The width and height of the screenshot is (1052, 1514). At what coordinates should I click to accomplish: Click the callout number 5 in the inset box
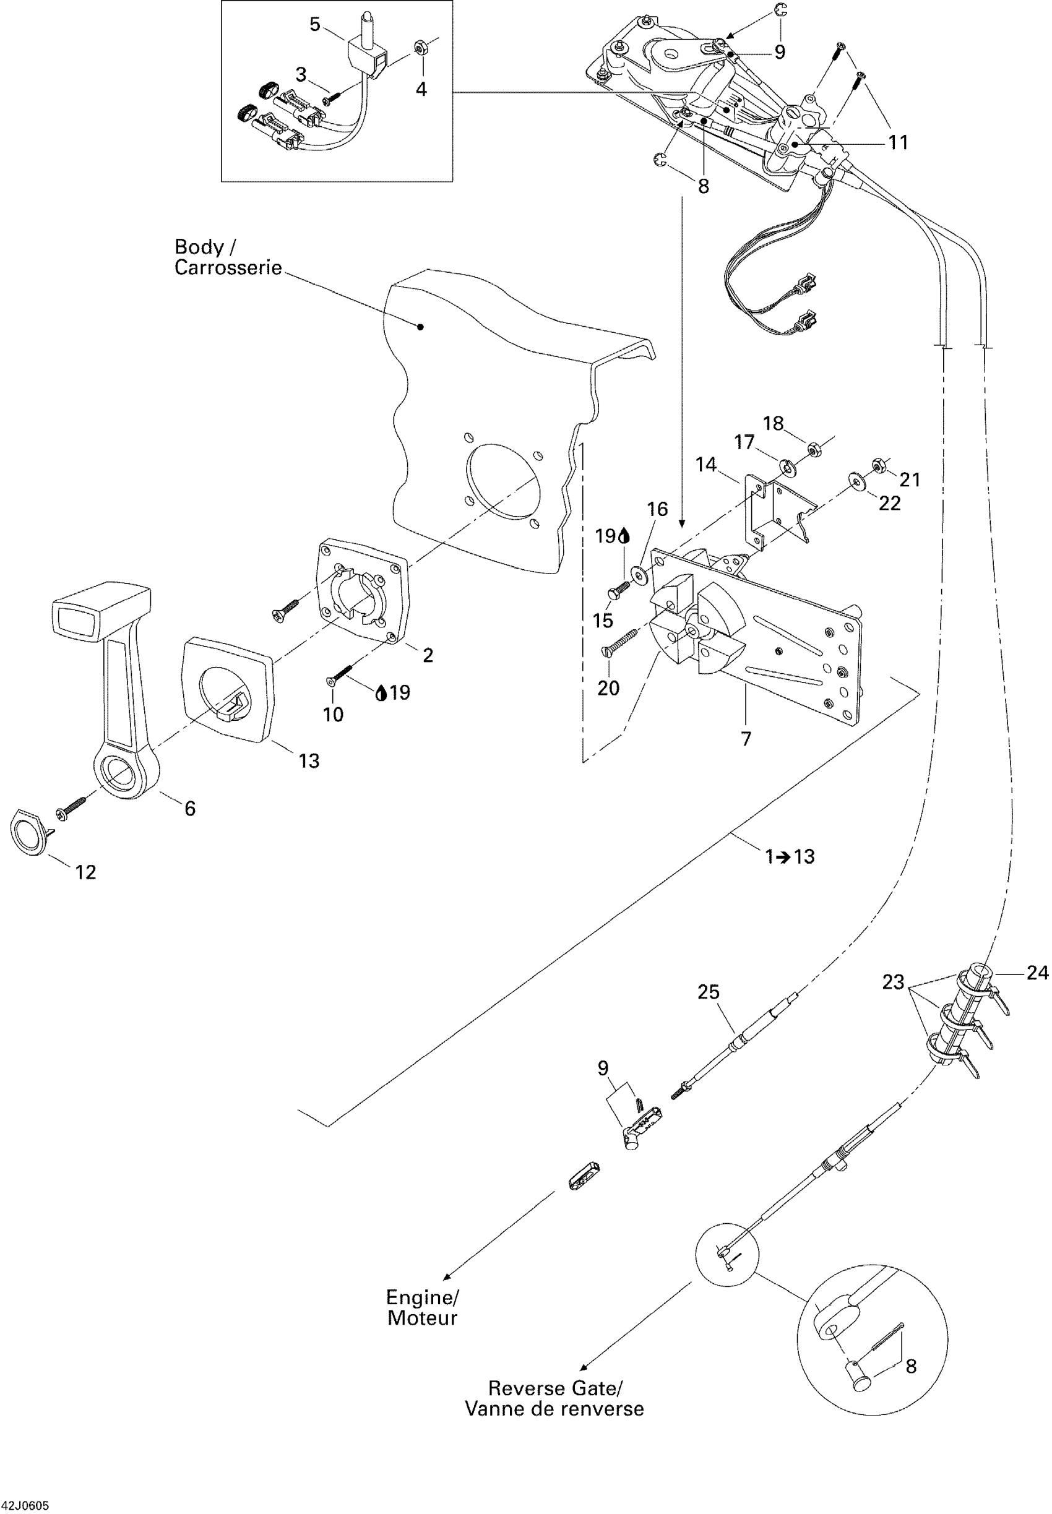click(314, 25)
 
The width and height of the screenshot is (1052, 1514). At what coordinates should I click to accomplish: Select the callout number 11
click(899, 142)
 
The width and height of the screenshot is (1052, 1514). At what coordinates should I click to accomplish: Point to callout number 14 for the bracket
click(706, 465)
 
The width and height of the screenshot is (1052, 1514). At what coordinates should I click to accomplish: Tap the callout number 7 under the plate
click(746, 739)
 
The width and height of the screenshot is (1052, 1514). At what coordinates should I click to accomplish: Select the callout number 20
click(608, 688)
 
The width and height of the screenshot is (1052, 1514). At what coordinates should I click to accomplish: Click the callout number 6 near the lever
click(190, 809)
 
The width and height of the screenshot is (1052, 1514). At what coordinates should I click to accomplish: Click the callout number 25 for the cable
click(709, 992)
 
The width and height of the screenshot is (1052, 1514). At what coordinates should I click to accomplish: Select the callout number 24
click(1038, 973)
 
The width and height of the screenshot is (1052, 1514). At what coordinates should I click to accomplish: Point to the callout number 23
click(893, 983)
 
